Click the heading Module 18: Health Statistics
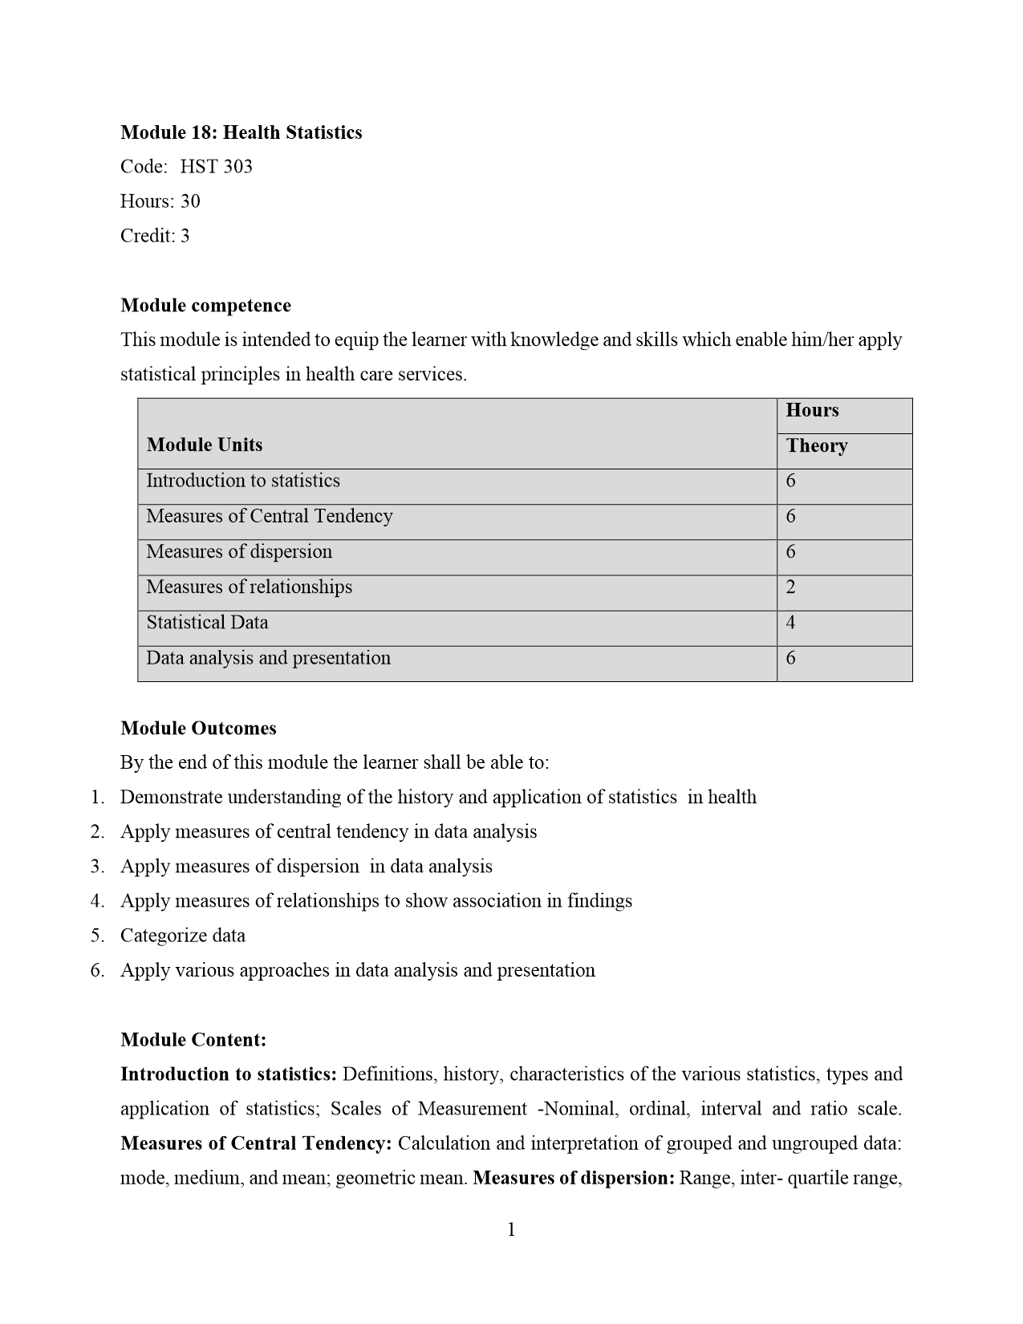[241, 132]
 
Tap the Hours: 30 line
[160, 201]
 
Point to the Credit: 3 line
[155, 236]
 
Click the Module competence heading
[205, 306]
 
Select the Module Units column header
[205, 445]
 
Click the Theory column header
[817, 446]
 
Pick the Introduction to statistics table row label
[242, 481]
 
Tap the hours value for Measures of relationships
[790, 587]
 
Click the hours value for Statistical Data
[790, 623]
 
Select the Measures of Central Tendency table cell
[269, 517]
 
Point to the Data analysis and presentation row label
[268, 659]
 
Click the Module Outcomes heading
[198, 729]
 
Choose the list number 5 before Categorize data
[97, 936]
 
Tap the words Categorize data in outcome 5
[183, 936]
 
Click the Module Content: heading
[193, 1041]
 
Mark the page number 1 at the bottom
[511, 1230]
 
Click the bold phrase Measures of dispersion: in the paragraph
[574, 1179]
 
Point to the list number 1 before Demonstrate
[97, 798]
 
